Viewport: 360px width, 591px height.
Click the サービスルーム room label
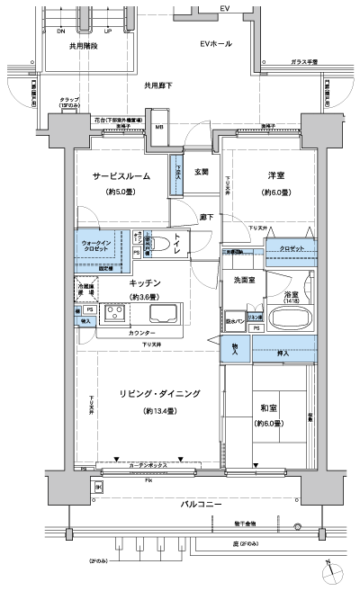[x=121, y=177]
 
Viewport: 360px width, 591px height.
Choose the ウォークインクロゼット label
[x=96, y=246]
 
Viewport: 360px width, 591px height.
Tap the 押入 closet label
[x=283, y=354]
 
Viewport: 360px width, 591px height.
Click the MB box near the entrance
[x=159, y=126]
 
